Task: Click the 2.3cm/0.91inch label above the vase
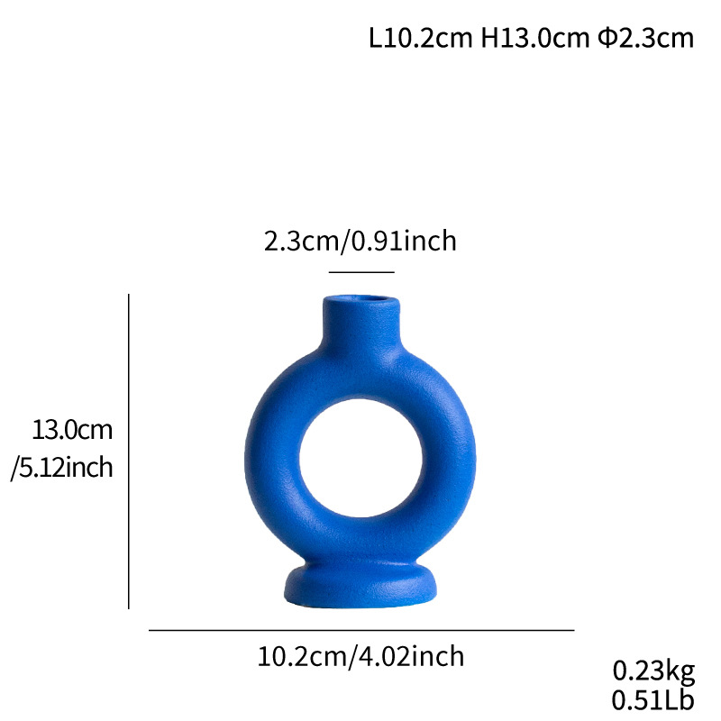360,242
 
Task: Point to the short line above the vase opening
361,271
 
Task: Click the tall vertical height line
129,451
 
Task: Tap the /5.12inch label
62,468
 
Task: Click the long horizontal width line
360,630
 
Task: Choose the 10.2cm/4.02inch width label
360,657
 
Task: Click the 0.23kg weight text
653,671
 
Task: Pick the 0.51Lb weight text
653,699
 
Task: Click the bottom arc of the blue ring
360,537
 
